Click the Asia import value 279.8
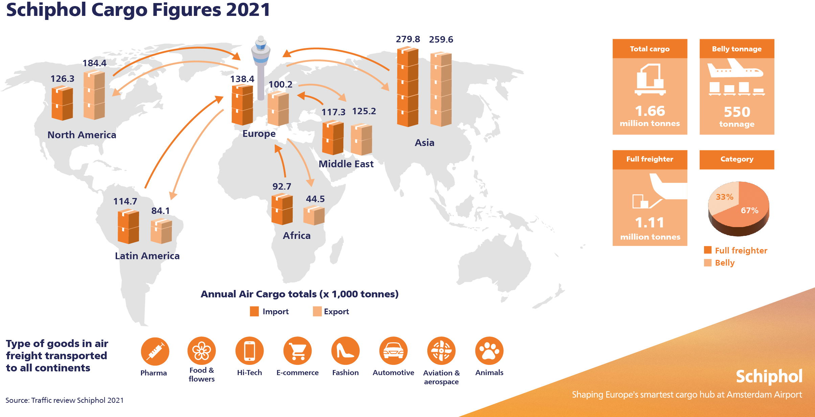click(x=408, y=39)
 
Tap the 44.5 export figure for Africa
click(x=315, y=199)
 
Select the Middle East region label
click(x=346, y=164)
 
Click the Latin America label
click(x=147, y=256)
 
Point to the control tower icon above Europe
click(x=261, y=68)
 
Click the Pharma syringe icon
click(x=155, y=351)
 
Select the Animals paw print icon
click(x=489, y=351)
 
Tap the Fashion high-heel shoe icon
click(x=345, y=351)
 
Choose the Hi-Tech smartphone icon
click(x=249, y=351)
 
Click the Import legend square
click(x=254, y=311)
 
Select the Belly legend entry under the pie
click(x=724, y=263)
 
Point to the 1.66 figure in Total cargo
click(x=650, y=111)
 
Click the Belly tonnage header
click(x=737, y=49)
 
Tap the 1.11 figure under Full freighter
click(x=650, y=223)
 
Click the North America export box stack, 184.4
click(x=94, y=95)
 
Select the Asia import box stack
click(x=407, y=87)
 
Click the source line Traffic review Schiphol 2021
click(x=65, y=400)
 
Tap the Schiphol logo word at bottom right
click(x=769, y=376)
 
